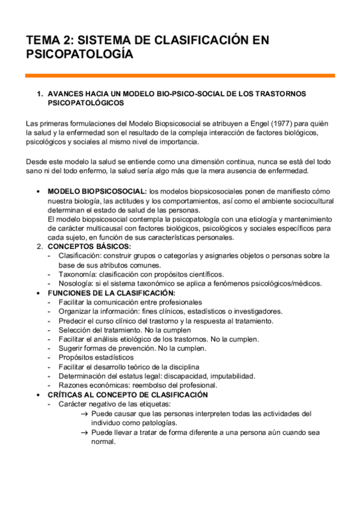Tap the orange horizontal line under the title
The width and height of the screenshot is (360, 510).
(180, 76)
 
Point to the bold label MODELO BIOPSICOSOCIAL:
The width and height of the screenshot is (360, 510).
(97, 190)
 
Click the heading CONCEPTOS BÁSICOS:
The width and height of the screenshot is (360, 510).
(89, 245)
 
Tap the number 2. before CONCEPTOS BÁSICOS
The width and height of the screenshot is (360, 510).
(40, 245)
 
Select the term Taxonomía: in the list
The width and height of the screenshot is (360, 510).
(79, 274)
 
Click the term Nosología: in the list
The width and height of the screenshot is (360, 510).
(78, 283)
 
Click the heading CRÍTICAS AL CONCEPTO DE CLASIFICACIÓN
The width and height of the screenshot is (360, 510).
(127, 395)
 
